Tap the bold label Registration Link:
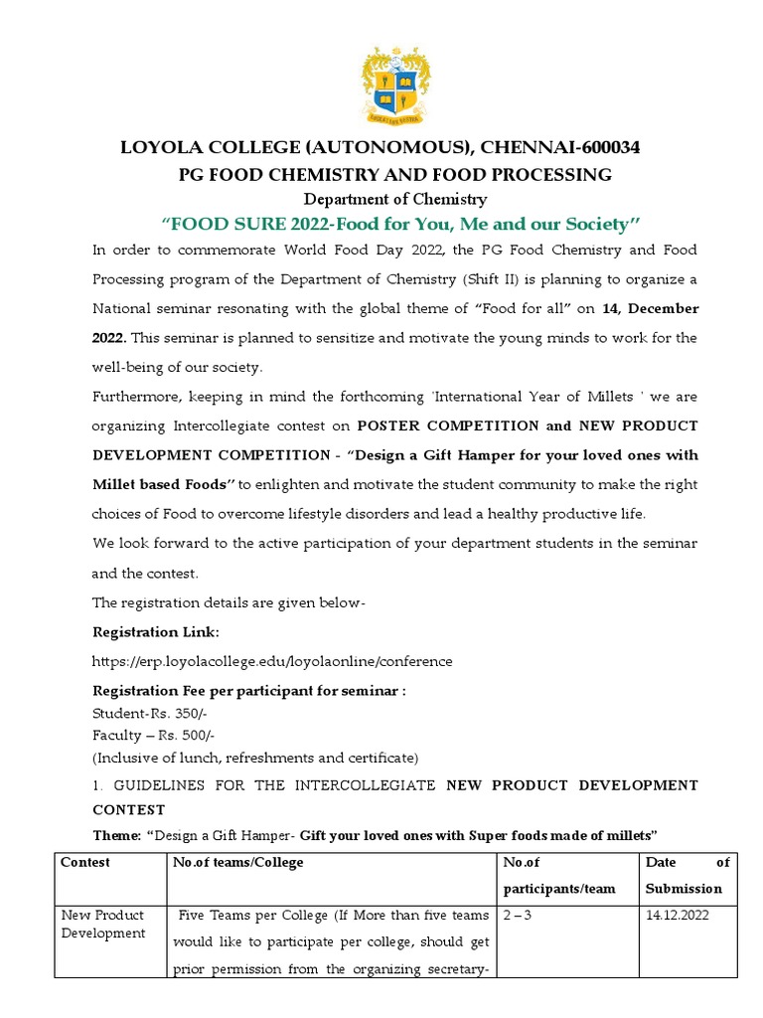tap(155, 631)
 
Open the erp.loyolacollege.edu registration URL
tap(272, 661)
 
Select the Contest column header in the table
tap(85, 862)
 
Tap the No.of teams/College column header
tap(238, 862)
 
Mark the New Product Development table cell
tap(102, 924)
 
